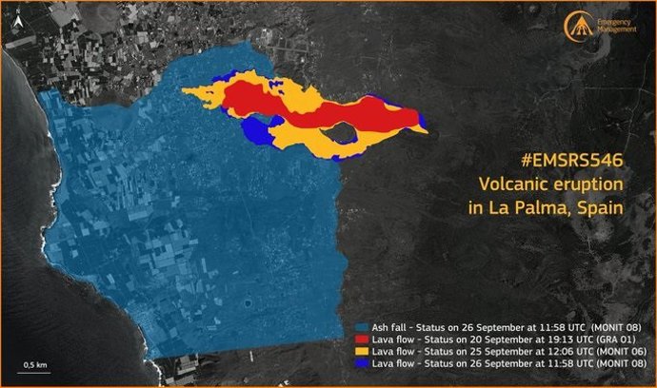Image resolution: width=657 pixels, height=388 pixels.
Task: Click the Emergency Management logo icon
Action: click(576, 26)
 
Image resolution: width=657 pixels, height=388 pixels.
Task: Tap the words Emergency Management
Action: click(617, 26)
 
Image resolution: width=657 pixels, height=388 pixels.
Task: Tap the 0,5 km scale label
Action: click(36, 365)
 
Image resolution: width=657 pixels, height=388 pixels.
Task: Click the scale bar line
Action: click(36, 374)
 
